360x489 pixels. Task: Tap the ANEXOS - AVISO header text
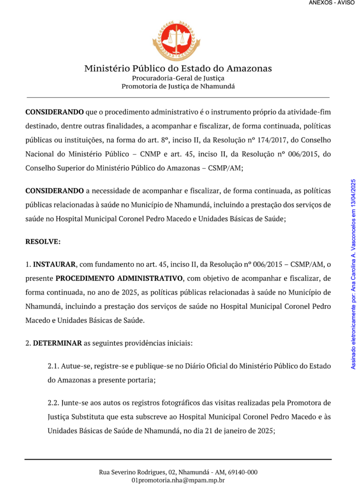point(331,3)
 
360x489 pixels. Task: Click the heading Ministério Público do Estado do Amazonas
point(178,68)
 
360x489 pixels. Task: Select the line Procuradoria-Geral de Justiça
point(178,78)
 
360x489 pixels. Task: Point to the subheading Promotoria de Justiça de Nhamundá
point(178,86)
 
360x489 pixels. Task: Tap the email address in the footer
point(178,480)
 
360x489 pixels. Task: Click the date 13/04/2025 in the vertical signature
point(354,193)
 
